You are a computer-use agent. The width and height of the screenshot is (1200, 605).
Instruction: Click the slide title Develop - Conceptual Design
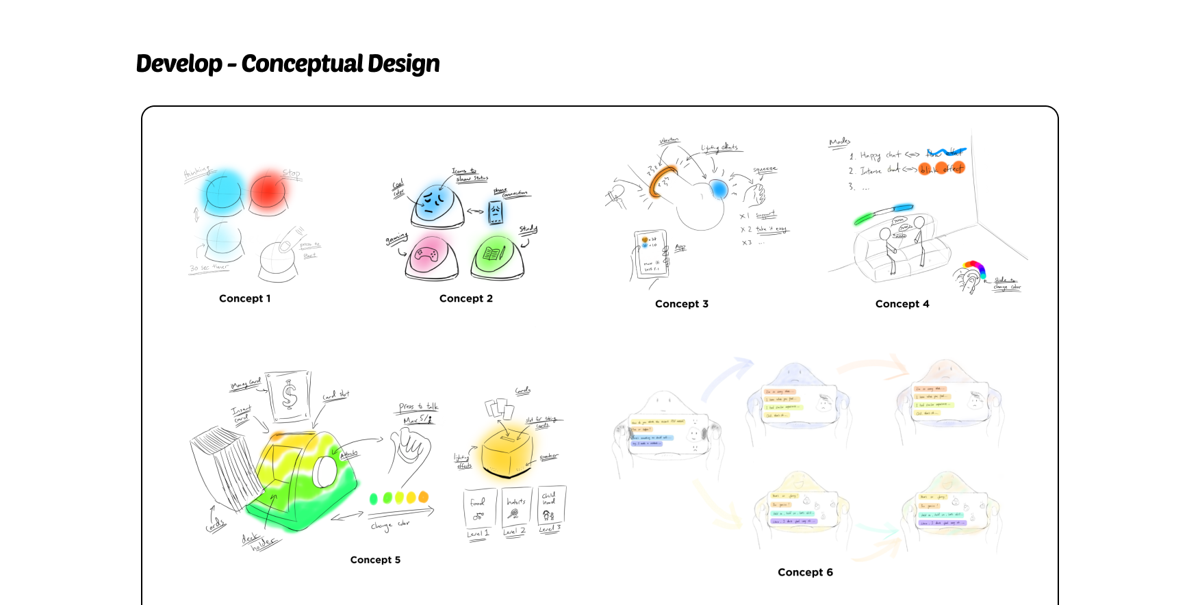[288, 64]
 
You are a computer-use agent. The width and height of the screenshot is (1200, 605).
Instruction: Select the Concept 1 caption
[244, 298]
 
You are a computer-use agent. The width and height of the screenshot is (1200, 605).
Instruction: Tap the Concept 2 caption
[465, 298]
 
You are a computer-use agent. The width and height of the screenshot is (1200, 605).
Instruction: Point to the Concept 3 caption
[681, 304]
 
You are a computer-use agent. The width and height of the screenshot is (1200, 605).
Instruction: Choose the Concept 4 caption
[902, 304]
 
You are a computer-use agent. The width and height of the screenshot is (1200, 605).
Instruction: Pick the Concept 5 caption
[375, 560]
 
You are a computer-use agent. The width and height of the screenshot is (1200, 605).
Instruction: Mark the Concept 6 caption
[805, 572]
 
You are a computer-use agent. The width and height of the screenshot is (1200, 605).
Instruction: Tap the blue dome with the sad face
[436, 203]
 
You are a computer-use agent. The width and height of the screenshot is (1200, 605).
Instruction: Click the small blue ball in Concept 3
[717, 188]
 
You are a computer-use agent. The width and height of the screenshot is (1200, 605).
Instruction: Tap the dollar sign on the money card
[290, 396]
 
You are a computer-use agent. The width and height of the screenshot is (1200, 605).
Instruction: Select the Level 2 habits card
[515, 510]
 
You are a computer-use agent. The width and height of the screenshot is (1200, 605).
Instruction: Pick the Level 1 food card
[478, 510]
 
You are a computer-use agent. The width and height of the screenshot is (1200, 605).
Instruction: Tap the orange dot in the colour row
[423, 497]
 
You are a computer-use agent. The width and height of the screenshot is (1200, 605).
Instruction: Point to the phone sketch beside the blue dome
[496, 212]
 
